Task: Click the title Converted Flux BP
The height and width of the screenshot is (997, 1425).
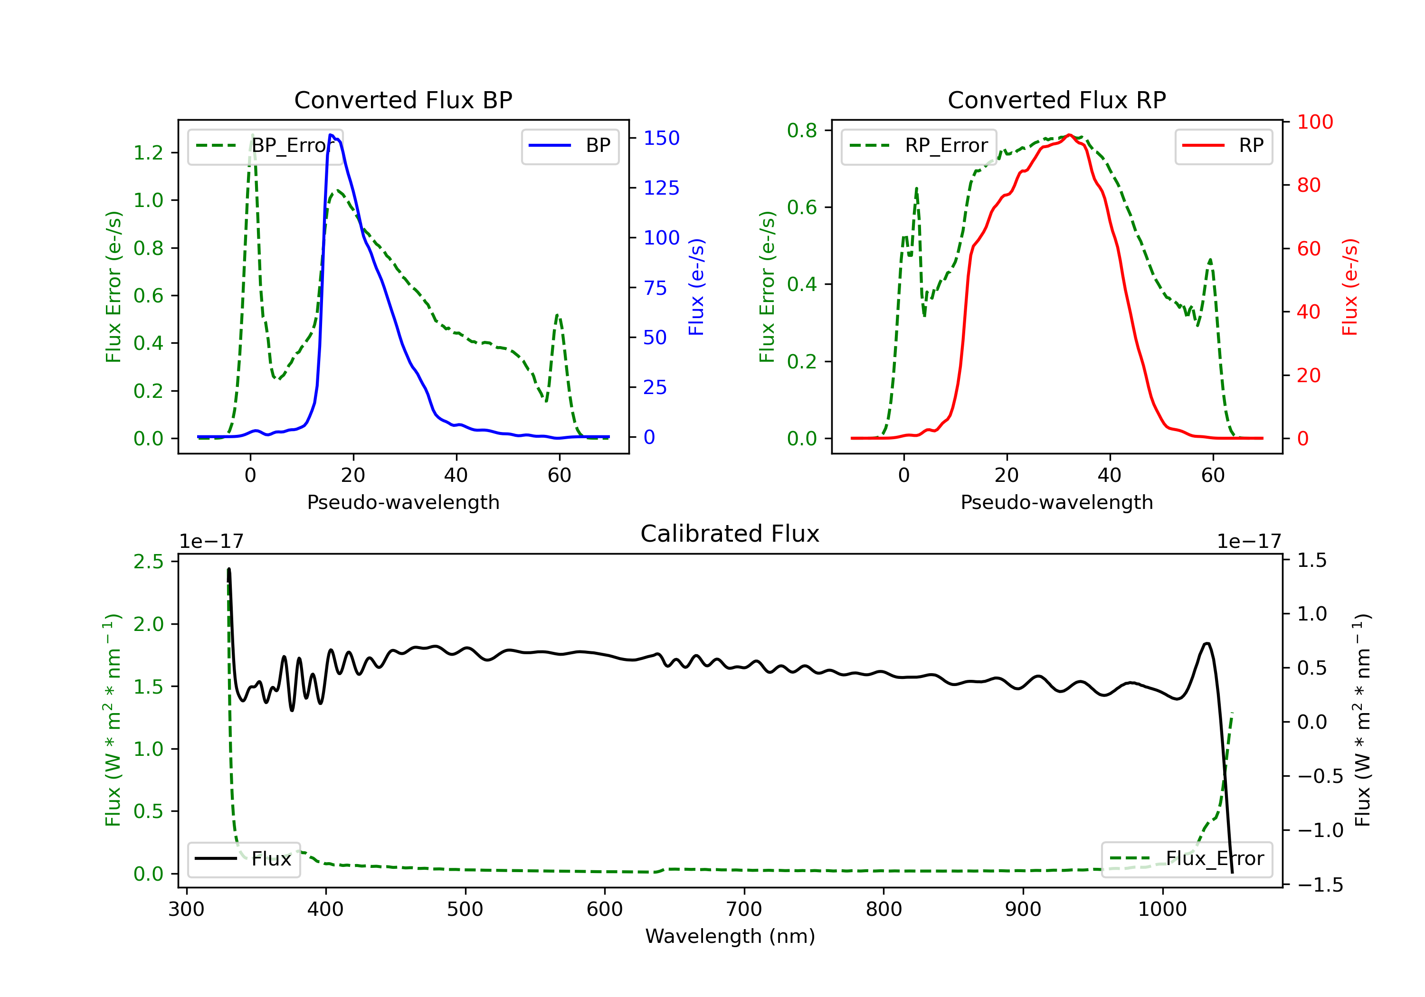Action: pos(403,100)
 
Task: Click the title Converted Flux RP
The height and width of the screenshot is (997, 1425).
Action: pos(1056,100)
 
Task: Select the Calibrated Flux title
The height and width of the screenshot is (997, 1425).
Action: pos(730,534)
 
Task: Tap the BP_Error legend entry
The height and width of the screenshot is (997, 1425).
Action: pos(265,146)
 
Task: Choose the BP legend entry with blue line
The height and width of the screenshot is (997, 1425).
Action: pos(570,146)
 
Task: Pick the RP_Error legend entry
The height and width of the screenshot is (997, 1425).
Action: pos(919,146)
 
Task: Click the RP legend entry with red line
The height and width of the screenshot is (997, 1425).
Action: pos(1223,146)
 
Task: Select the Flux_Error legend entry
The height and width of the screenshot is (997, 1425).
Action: pos(1187,859)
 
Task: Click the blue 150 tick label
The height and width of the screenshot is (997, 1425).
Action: pos(662,138)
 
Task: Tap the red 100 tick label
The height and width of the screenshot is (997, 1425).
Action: pos(1314,122)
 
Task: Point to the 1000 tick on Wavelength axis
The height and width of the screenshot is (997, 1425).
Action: pos(1162,910)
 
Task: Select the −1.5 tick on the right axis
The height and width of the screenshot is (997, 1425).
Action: pos(1320,884)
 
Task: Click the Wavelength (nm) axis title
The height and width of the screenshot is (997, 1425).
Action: pos(730,936)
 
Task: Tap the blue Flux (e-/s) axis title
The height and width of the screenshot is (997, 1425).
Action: pos(696,287)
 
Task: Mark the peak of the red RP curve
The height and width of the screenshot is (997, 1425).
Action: pos(1069,135)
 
